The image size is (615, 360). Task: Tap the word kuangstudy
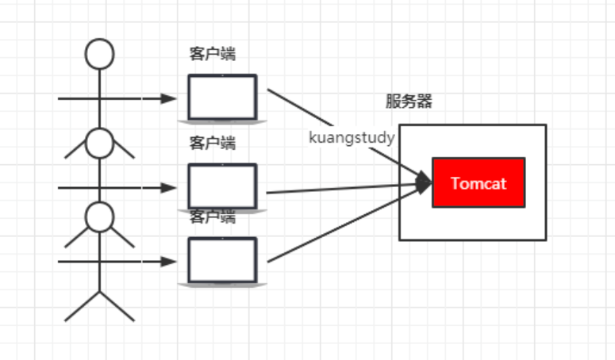(x=352, y=137)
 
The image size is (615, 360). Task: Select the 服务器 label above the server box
(x=409, y=101)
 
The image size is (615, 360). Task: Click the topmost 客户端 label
(x=212, y=54)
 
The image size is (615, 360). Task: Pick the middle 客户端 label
(x=212, y=144)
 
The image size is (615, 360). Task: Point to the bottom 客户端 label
(x=212, y=216)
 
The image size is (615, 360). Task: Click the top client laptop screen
(x=222, y=97)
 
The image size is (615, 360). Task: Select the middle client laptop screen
(x=222, y=186)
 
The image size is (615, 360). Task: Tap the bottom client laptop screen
(x=222, y=259)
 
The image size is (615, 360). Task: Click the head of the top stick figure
(x=100, y=54)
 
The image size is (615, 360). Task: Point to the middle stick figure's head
(x=100, y=143)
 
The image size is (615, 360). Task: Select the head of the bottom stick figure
(x=100, y=216)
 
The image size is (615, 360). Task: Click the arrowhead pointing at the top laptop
(x=168, y=98)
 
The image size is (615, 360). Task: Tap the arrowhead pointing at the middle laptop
(x=168, y=188)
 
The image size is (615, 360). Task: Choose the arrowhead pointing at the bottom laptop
(x=168, y=261)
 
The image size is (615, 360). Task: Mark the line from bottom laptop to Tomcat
(x=341, y=225)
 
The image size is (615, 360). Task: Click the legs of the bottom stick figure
(x=100, y=305)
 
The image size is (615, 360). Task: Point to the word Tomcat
(x=478, y=183)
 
